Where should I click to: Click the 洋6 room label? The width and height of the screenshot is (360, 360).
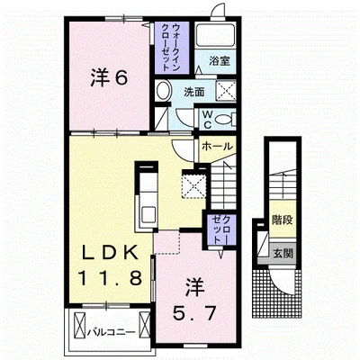(109, 78)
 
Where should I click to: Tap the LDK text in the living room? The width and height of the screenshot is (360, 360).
(111, 254)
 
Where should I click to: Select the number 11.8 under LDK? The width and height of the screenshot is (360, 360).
(110, 277)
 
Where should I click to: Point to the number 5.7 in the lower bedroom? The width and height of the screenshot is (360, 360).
(194, 313)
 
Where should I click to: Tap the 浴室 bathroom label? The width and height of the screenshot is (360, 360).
(220, 61)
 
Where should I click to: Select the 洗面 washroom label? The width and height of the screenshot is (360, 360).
(193, 92)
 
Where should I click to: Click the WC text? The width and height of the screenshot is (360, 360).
(207, 120)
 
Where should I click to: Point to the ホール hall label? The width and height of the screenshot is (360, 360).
(217, 147)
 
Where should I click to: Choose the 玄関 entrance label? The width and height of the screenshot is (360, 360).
(283, 254)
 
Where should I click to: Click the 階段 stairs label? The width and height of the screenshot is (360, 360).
(283, 220)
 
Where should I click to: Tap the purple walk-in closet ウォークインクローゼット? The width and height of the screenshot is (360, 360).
(172, 48)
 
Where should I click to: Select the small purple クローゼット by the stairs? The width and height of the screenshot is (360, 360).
(221, 229)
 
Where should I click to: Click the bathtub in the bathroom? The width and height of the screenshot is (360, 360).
(215, 35)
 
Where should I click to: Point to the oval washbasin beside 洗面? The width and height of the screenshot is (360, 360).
(164, 91)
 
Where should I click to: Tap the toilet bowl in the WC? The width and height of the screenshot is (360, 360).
(223, 120)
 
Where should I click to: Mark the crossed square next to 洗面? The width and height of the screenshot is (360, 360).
(226, 90)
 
